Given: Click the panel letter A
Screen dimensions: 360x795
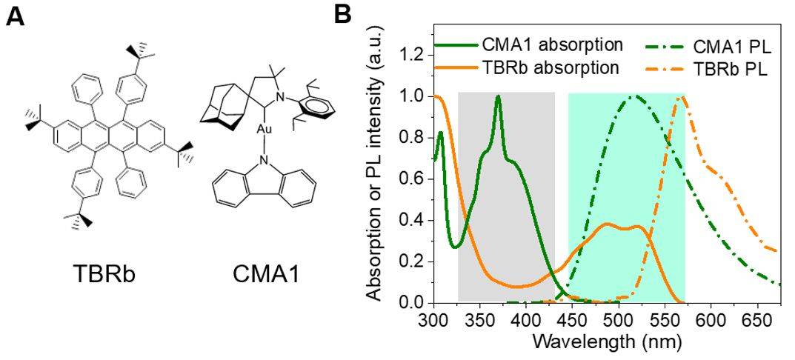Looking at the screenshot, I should click(x=16, y=17).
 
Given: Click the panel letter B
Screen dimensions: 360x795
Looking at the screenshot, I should click(x=343, y=14).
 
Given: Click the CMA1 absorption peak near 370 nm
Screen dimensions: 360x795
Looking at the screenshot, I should click(x=498, y=96).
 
